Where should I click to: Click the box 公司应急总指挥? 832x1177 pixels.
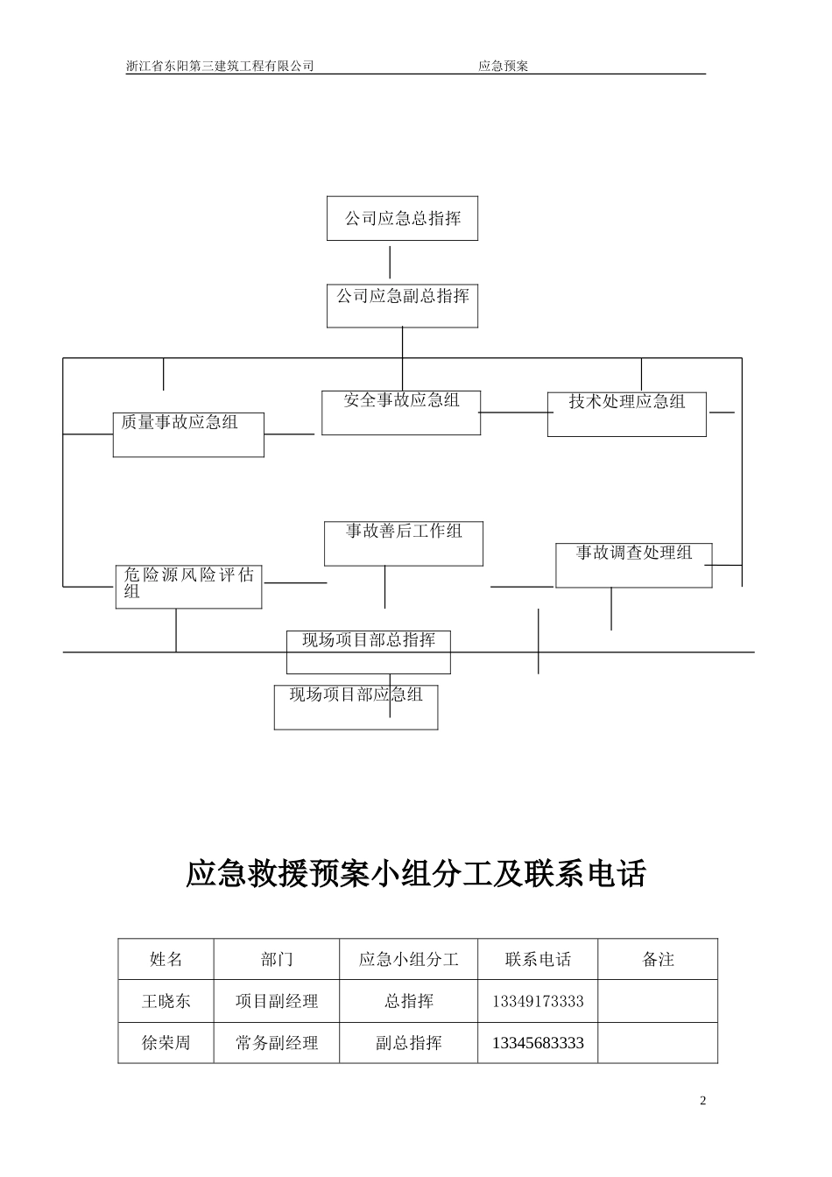(402, 219)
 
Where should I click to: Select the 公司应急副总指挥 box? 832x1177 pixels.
(402, 306)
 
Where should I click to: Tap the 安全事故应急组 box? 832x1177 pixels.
(401, 412)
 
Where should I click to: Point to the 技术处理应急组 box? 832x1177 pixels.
(626, 413)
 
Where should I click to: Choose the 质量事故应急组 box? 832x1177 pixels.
(188, 433)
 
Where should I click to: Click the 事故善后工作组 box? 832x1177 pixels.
(404, 543)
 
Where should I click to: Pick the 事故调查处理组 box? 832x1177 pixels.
(633, 565)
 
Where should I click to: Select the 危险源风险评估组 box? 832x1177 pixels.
(188, 586)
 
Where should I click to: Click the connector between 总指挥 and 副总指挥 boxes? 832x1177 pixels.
(390, 262)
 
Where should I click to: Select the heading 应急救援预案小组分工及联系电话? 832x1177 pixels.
(416, 874)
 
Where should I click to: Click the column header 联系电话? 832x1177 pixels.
(538, 959)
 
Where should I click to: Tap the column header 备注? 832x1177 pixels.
(658, 959)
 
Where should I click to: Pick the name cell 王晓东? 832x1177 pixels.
(166, 1001)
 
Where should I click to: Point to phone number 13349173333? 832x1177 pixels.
(538, 1001)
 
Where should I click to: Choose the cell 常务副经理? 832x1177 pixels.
(277, 1043)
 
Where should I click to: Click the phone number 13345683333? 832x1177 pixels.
(538, 1043)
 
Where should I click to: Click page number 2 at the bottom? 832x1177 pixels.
(702, 1101)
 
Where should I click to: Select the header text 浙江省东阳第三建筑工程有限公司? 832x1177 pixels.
(220, 66)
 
